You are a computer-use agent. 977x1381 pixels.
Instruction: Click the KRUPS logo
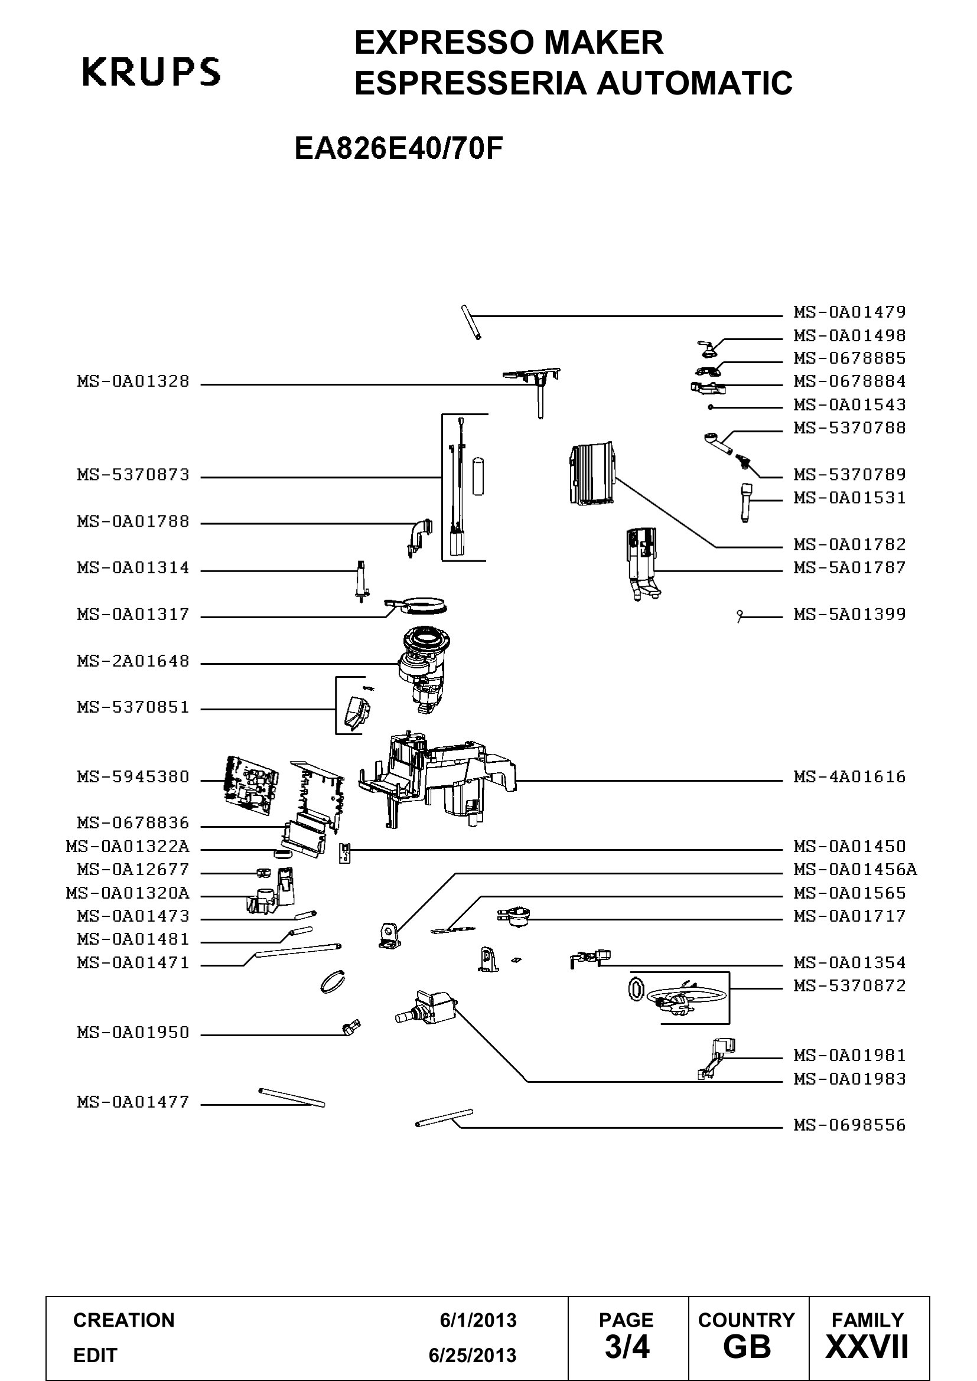pos(151,72)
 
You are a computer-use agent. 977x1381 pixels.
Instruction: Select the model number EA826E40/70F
pos(398,149)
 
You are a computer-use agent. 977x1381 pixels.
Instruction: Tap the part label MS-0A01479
pos(849,312)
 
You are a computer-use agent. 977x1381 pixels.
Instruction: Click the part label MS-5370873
pos(133,475)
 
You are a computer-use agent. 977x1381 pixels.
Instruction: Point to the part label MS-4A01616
pos(849,777)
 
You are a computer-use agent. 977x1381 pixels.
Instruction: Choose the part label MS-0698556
pos(849,1125)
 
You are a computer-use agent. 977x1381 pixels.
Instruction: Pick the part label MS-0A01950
pos(133,1033)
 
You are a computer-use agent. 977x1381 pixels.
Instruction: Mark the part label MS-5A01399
pos(849,615)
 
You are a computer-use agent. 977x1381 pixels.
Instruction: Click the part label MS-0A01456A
pos(855,870)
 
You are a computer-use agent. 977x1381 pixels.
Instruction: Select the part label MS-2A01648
pos(133,662)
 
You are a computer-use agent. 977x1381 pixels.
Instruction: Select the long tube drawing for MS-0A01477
pos(291,1098)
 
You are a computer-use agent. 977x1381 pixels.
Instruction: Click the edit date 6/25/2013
pos(473,1356)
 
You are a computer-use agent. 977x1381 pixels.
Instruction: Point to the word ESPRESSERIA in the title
pos(470,83)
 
